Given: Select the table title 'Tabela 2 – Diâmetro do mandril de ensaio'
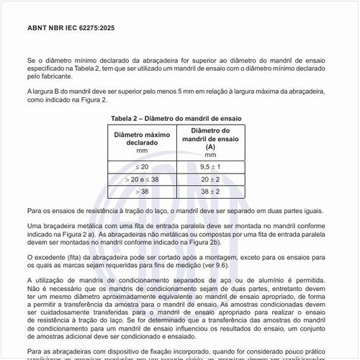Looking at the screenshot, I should coord(176,117).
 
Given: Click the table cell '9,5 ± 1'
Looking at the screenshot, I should coord(210,166).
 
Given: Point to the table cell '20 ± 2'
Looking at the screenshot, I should coord(210,179).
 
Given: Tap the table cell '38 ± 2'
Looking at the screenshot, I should coord(210,191).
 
